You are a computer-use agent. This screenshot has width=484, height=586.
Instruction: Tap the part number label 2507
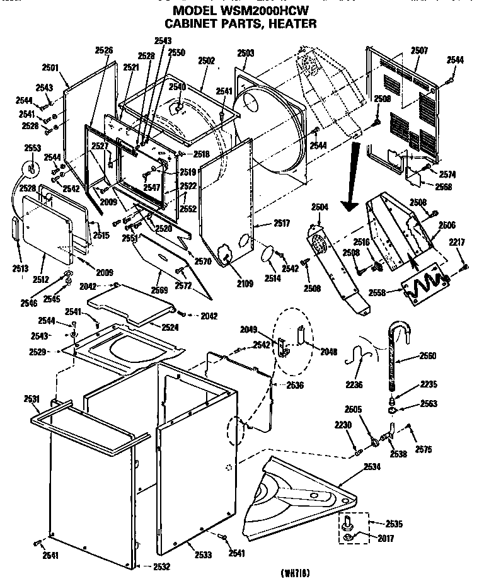click(x=419, y=50)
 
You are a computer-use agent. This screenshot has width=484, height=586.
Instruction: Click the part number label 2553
click(x=32, y=148)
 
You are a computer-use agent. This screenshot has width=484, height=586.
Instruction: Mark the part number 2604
click(x=320, y=207)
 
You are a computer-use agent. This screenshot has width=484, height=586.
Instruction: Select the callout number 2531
click(x=32, y=398)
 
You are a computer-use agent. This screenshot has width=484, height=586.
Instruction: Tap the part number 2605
click(x=353, y=409)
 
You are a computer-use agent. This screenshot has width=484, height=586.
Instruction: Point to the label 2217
click(x=457, y=242)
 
